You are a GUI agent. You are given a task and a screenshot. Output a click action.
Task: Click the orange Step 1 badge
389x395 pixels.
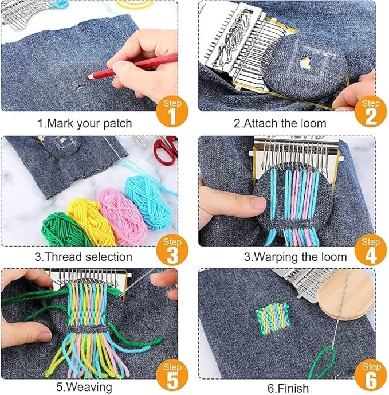(172, 111)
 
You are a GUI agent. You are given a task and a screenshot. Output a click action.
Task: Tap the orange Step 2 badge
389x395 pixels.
(371, 111)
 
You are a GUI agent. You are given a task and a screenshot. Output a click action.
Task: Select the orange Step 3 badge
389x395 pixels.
(172, 249)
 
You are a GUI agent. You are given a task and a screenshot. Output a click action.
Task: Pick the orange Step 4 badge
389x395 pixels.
(371, 249)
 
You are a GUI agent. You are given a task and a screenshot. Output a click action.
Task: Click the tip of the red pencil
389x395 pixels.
(87, 78)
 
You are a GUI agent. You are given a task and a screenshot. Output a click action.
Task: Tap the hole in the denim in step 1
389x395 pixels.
(81, 87)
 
